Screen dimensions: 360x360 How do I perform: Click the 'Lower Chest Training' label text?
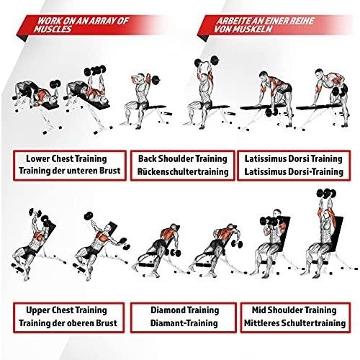pos(66,159)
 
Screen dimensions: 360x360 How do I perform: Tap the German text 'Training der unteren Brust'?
pos(69,171)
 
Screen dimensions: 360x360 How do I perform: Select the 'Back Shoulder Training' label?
pos(183,159)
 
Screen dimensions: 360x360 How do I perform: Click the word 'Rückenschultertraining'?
pos(183,172)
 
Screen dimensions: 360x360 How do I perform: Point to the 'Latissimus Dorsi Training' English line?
pos(294,159)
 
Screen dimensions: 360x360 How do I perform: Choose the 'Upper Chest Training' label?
pos(66,310)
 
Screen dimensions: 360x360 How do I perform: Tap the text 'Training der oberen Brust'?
pos(68,323)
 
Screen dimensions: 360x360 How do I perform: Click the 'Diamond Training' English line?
pos(185,310)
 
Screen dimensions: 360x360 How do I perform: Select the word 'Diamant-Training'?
pos(184,323)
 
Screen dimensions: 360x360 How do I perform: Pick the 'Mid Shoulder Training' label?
pos(294,310)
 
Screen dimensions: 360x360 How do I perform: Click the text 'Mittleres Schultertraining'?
pos(295,323)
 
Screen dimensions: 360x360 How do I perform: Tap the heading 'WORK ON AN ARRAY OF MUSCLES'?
pos(81,25)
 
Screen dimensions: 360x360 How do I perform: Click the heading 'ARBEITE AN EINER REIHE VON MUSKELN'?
pos(264,25)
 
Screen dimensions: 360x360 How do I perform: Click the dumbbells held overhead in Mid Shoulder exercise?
pos(326,194)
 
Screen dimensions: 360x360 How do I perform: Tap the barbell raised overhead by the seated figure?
pos(207,61)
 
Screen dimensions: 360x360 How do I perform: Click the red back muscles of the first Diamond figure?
pos(167,233)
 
